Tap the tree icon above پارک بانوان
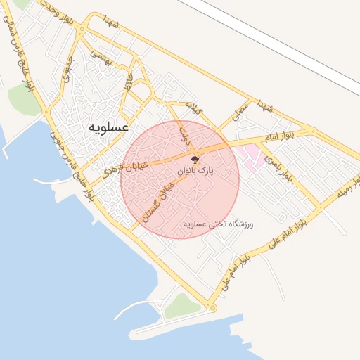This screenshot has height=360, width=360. [x=195, y=160]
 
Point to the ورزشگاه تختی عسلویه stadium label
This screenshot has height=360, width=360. [x=218, y=224]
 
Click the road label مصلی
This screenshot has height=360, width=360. [x=241, y=108]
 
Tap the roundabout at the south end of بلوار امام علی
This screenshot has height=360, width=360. [x=212, y=308]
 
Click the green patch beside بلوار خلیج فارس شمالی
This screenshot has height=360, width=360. [x=25, y=101]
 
